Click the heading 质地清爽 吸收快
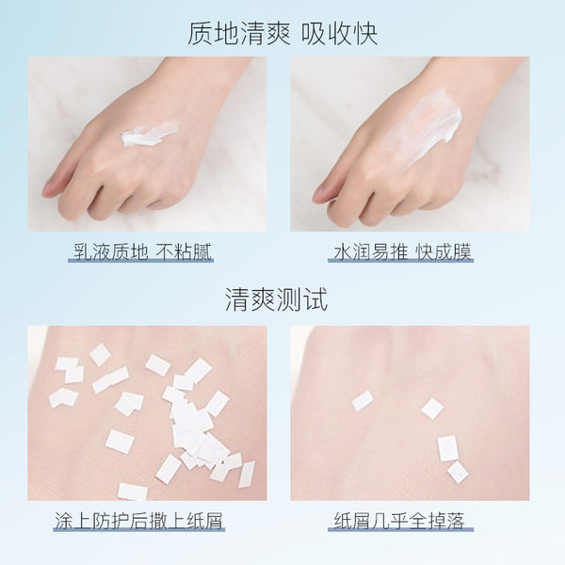pyautogui.click(x=282, y=34)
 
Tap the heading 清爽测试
pyautogui.click(x=276, y=299)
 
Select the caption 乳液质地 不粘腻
pyautogui.click(x=142, y=251)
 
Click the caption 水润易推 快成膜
pyautogui.click(x=402, y=251)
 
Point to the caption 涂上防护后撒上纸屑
pyautogui.click(x=139, y=521)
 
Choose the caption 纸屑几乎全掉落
pyautogui.click(x=399, y=521)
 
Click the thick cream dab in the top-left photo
pyautogui.click(x=149, y=133)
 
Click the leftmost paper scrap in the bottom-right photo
pyautogui.click(x=363, y=401)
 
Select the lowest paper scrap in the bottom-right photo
pyautogui.click(x=458, y=472)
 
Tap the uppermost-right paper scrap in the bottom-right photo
pyautogui.click(x=432, y=409)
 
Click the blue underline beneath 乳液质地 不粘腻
pyautogui.click(x=141, y=260)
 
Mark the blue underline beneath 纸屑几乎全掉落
pyautogui.click(x=401, y=529)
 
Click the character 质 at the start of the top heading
pyautogui.click(x=200, y=34)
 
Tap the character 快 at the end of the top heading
pyautogui.click(x=365, y=34)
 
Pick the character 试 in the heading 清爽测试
pyautogui.click(x=315, y=299)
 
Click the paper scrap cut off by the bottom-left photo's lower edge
pyautogui.click(x=132, y=492)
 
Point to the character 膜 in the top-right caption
pyautogui.click(x=462, y=251)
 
